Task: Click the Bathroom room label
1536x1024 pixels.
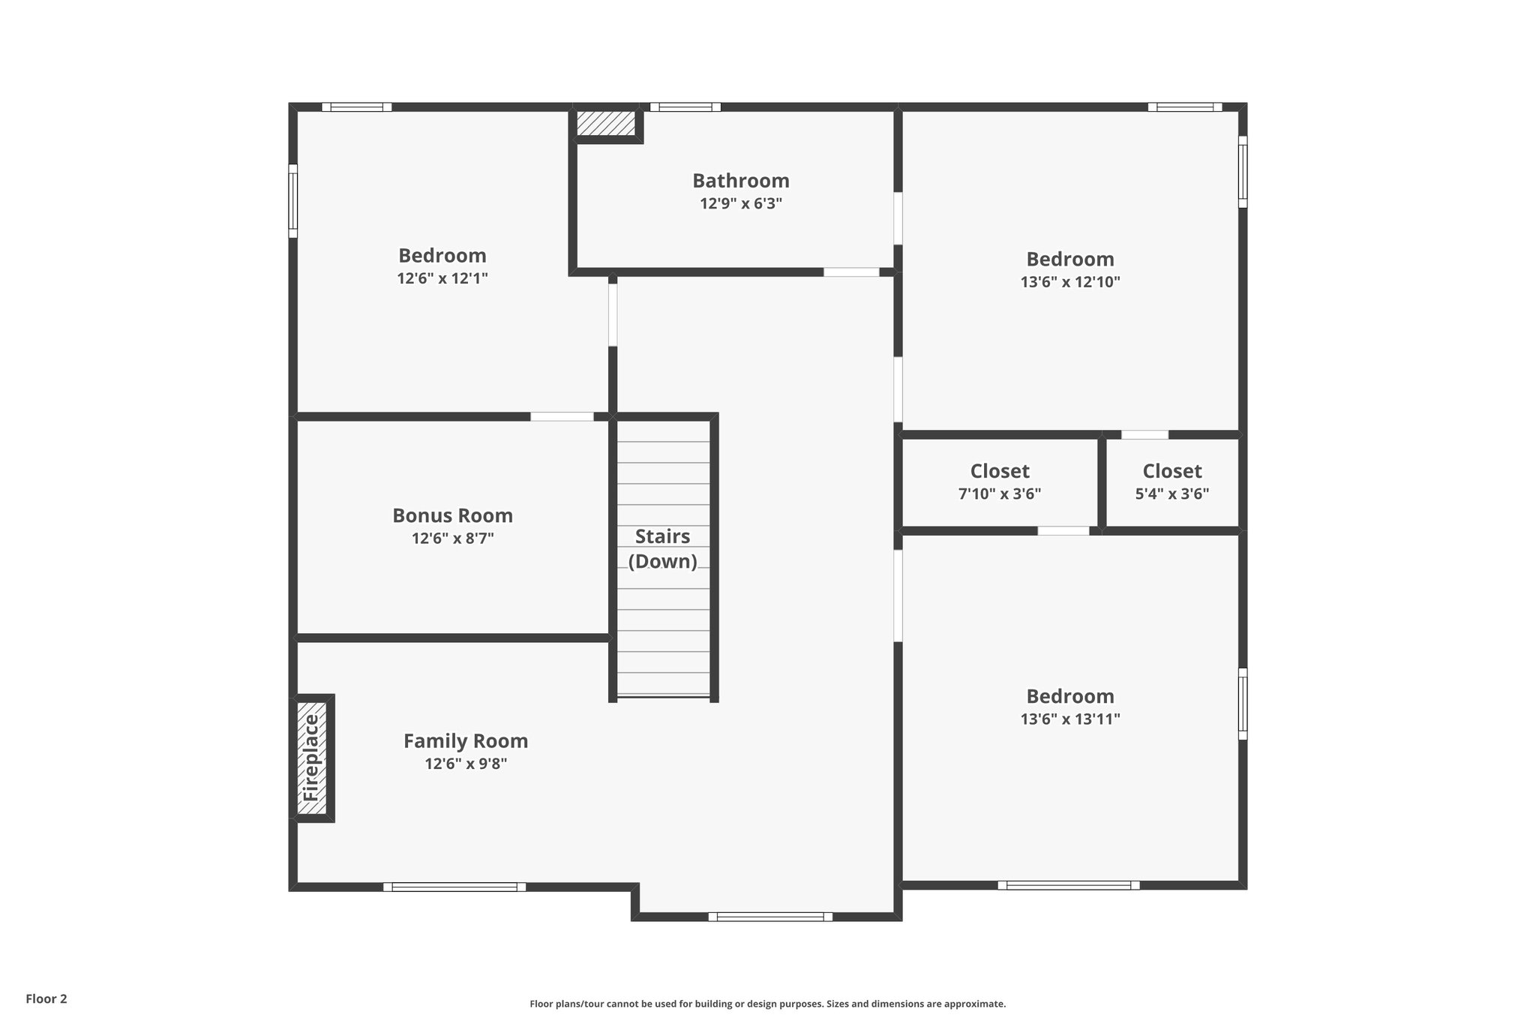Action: (740, 181)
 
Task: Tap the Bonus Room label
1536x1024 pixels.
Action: (452, 515)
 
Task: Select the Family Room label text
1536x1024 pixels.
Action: (466, 741)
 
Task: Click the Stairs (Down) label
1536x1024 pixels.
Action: (662, 548)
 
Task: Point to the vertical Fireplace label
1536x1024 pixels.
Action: (310, 758)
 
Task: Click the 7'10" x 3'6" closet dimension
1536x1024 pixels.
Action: (1000, 494)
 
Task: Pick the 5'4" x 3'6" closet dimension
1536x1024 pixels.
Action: (1171, 494)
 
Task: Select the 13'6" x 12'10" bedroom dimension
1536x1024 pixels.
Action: (1069, 282)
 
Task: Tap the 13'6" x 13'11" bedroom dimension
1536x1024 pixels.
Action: (1069, 719)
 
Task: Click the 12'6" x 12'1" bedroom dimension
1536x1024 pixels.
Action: (442, 278)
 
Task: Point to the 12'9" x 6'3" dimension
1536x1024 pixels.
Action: (740, 203)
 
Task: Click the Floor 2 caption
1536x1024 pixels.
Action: (46, 998)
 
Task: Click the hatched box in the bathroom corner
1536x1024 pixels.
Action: (606, 123)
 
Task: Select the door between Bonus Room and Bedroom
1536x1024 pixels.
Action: (562, 416)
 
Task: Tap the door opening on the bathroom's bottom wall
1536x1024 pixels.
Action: (851, 272)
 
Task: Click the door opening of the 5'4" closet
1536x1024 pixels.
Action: (1144, 434)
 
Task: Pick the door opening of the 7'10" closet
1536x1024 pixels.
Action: (1063, 530)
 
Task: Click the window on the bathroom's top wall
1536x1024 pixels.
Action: (685, 107)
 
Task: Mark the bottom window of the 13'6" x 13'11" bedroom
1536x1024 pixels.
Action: (1068, 885)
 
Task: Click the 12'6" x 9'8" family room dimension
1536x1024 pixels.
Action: (466, 764)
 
